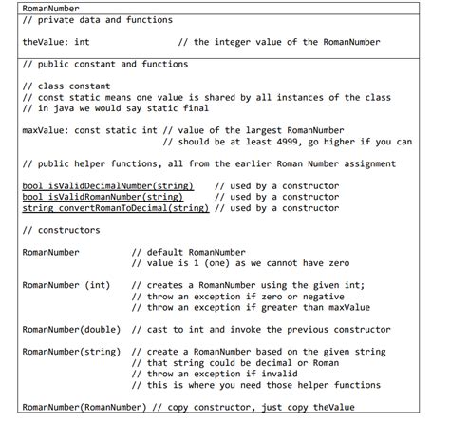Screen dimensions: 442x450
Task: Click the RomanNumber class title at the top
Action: tap(50, 8)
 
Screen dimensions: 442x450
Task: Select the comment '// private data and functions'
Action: tap(97, 20)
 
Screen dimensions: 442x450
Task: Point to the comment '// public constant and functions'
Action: tap(104, 65)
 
